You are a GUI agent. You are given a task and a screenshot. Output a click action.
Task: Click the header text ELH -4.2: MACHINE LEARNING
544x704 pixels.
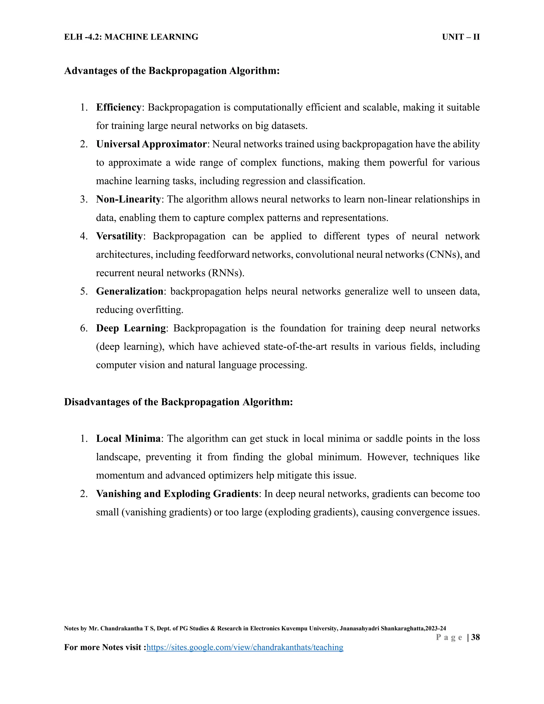point(131,37)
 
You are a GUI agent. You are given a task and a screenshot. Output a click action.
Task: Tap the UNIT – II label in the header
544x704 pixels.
point(461,37)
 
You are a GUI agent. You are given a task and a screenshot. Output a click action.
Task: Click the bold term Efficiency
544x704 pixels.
point(118,107)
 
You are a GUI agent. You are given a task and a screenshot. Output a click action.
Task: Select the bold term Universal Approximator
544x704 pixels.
point(151,144)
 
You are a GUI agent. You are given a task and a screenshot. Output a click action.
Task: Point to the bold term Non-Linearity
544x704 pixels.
point(128,199)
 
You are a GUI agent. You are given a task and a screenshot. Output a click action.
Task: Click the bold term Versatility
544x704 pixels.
point(119,236)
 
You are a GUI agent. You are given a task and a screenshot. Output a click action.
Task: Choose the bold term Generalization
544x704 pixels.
point(130,291)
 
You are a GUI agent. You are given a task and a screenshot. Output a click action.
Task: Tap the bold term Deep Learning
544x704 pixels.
point(130,328)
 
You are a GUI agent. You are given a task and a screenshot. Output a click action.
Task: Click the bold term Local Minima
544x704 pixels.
point(128,439)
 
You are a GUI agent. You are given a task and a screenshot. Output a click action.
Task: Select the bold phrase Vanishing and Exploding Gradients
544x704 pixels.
point(177,494)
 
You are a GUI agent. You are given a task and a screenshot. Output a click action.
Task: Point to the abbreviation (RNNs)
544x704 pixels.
point(226,273)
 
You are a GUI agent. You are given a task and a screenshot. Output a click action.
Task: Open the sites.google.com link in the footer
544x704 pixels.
point(245,647)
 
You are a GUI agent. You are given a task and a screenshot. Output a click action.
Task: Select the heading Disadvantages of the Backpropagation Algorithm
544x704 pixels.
point(178,402)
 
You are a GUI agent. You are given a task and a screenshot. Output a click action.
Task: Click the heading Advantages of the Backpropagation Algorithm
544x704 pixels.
point(172,71)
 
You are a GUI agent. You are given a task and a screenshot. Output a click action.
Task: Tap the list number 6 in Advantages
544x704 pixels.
point(83,328)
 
